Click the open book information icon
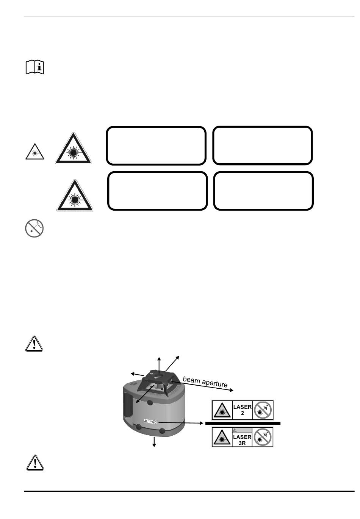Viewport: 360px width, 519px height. (x=35, y=67)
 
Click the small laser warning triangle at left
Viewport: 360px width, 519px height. (x=35, y=152)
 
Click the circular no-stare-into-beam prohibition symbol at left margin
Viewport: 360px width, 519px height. (x=34, y=228)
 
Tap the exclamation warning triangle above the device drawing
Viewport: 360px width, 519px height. (x=34, y=344)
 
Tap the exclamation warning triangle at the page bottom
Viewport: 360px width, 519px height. (x=35, y=463)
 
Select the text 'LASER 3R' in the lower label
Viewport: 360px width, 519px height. (x=242, y=440)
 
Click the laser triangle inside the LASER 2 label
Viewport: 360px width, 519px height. (x=222, y=410)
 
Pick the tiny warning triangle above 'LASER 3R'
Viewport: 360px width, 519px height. (x=235, y=430)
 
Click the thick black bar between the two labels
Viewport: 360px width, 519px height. (x=243, y=423)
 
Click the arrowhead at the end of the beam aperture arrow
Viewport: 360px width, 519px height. (x=231, y=390)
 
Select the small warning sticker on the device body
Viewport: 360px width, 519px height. (x=150, y=421)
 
